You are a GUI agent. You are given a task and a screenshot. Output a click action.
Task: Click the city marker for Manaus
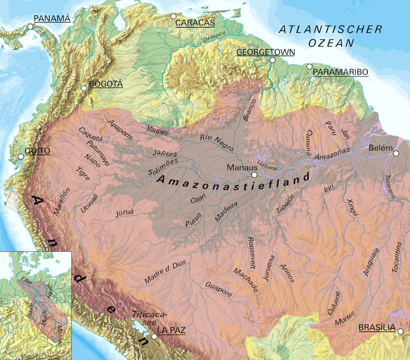coord(254,175)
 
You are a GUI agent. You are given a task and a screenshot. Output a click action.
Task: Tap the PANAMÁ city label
coord(52,19)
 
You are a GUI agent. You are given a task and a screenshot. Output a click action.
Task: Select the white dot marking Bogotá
coord(84,88)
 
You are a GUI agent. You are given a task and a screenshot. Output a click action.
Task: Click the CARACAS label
coord(195,23)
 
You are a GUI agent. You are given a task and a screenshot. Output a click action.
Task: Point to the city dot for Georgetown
coord(272,60)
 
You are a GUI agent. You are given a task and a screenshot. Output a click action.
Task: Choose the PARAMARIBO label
coord(340,72)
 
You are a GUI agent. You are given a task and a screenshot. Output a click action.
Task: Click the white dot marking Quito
coord(21,157)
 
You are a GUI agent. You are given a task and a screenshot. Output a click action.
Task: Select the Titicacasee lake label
coord(147,318)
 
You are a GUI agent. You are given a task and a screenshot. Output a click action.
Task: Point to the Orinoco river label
coord(214,37)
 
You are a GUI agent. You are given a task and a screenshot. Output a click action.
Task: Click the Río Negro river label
coord(217,143)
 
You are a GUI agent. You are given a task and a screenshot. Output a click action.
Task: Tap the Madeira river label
coord(226,211)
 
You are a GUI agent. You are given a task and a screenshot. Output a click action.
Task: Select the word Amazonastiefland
coord(233,181)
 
